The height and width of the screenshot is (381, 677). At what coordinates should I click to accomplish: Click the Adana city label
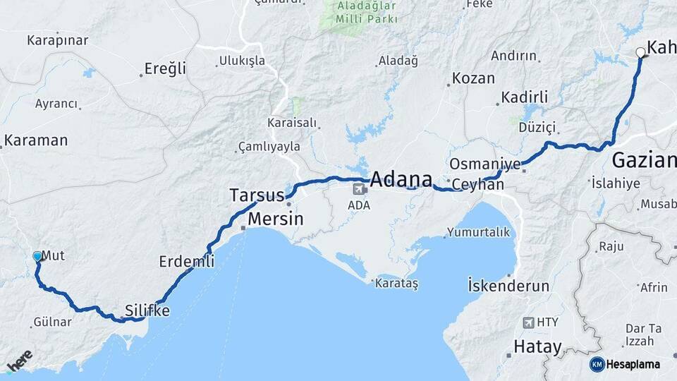pos(401,179)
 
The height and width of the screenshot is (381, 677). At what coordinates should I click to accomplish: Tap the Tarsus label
pos(257,195)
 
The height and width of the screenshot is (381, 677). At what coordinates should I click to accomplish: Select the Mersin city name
pos(276,219)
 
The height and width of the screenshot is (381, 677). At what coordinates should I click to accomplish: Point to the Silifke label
pos(147,310)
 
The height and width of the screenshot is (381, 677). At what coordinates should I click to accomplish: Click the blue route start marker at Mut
pos(37,257)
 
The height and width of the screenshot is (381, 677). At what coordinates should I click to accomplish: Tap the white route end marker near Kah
pos(640,52)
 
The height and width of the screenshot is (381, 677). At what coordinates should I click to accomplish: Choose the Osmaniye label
pos(484,164)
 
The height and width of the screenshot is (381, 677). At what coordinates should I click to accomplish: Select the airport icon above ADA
pos(360,189)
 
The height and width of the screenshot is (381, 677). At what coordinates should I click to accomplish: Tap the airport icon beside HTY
pos(528,322)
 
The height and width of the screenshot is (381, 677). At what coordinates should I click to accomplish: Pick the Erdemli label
pos(186,261)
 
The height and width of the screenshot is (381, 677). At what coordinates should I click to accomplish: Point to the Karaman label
pos(36,140)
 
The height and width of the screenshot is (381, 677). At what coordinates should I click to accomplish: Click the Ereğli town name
pos(165,68)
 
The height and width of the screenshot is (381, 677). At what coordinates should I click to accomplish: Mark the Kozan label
pos(473,78)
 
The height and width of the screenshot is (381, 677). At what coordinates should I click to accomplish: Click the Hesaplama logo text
pos(633,364)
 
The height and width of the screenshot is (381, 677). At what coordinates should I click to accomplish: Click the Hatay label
pos(537,347)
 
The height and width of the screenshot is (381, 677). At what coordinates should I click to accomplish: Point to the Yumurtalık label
pos(477,232)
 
